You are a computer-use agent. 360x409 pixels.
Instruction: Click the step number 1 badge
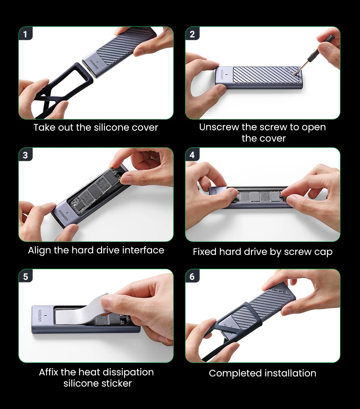pos(25,34)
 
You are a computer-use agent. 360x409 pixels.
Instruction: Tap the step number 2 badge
pos(192,34)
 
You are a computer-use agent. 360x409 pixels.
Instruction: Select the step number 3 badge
pos(25,155)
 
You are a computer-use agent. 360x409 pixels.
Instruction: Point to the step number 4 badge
pos(192,155)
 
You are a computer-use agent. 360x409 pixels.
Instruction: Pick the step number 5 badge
pos(25,276)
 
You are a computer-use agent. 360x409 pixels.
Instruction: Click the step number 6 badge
pos(192,276)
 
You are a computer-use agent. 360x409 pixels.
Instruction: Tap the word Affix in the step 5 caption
pos(48,372)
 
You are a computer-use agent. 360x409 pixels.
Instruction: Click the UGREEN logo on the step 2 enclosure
pos(222,74)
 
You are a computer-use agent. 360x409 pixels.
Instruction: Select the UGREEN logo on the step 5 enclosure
pos(40,315)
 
